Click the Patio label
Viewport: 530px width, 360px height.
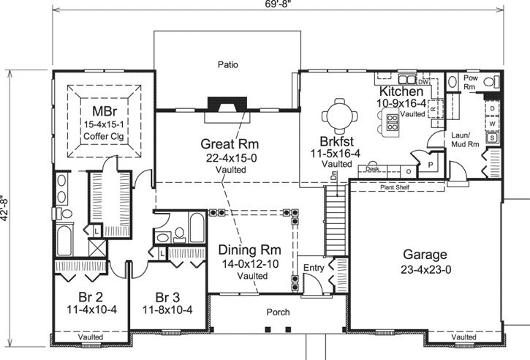227,64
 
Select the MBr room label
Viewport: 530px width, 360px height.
107,99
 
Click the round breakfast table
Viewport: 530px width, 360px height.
341,114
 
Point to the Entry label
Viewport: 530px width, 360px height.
313,269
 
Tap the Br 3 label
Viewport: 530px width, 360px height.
170,297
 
